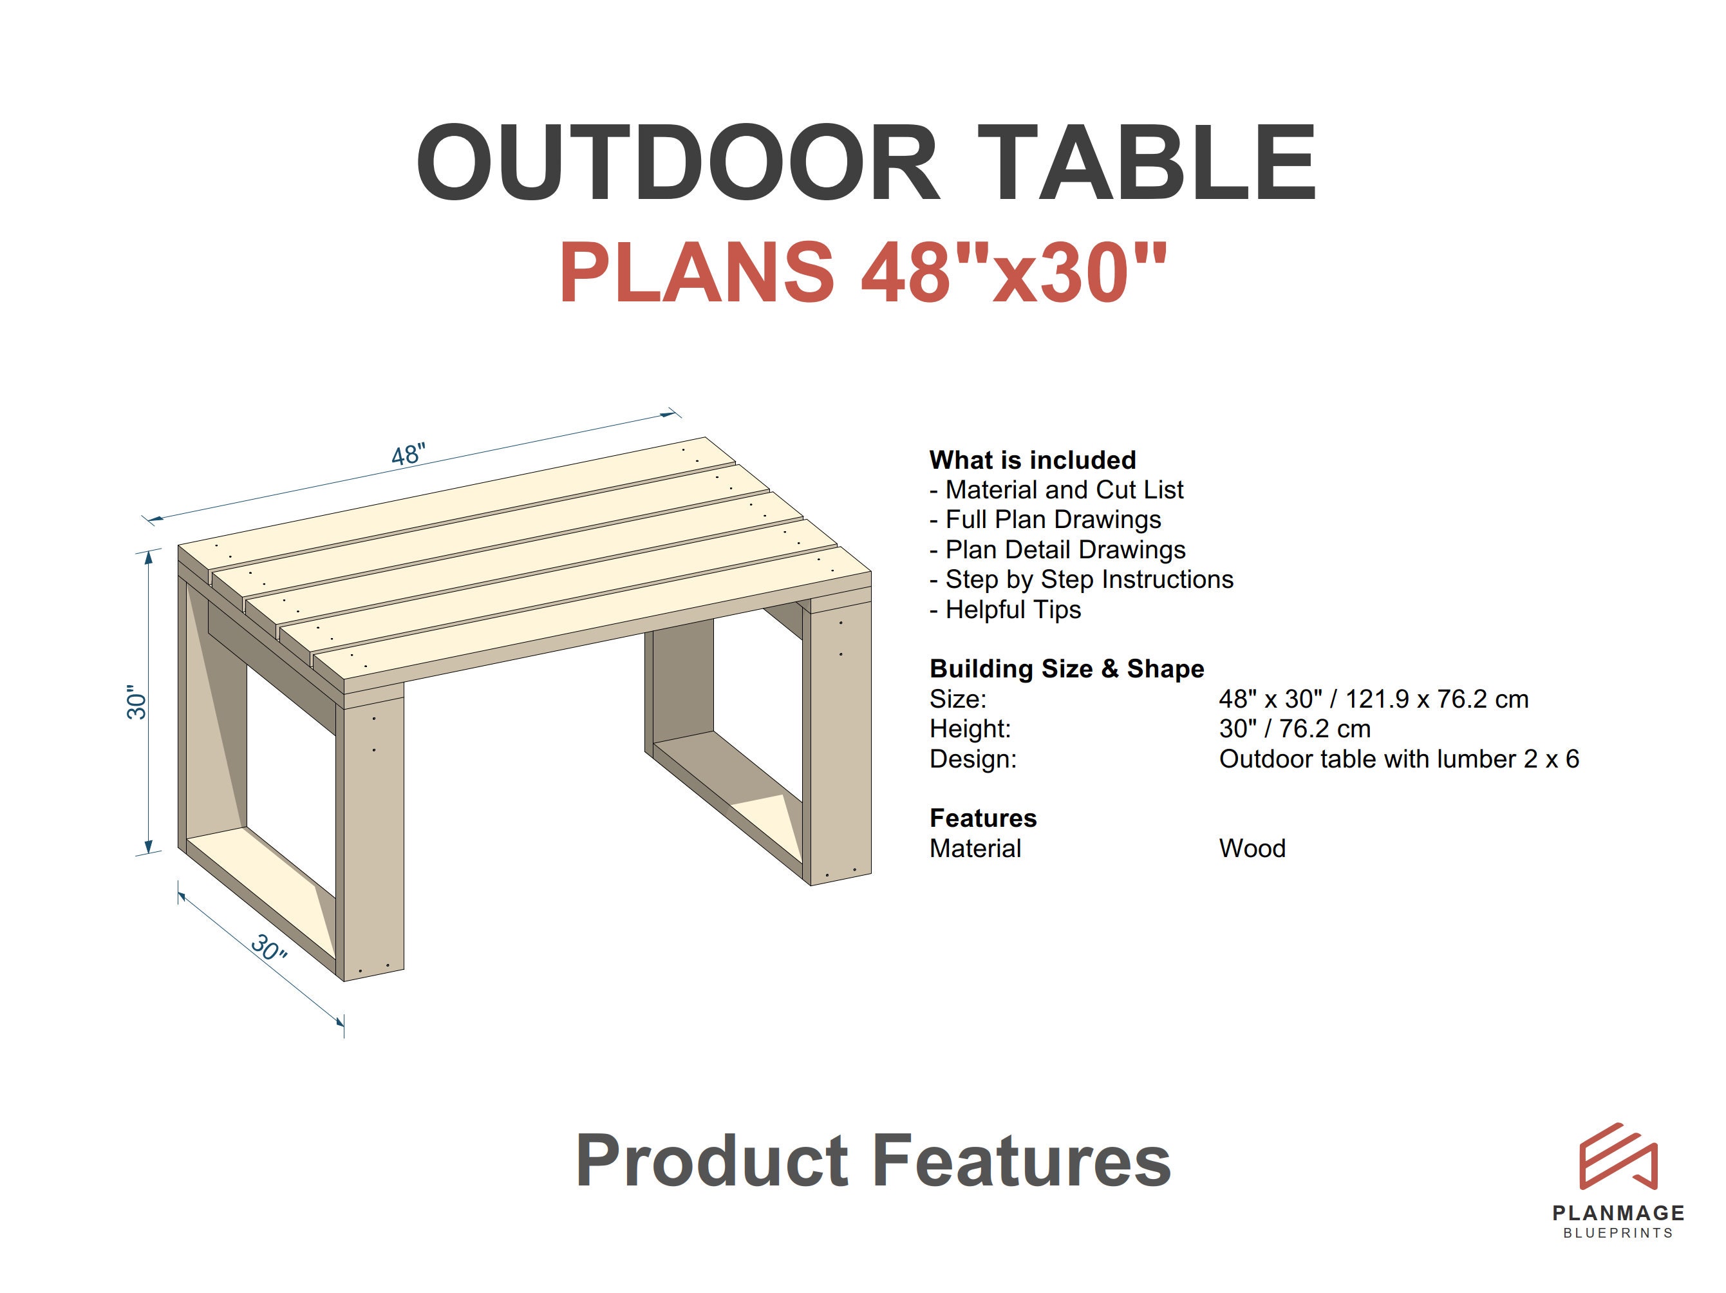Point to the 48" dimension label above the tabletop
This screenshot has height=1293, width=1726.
point(408,454)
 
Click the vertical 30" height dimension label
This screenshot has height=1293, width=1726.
point(136,703)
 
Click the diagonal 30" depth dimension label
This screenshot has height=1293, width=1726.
point(269,948)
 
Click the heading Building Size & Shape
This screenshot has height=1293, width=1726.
point(1066,669)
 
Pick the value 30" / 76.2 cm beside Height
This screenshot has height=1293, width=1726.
point(1294,729)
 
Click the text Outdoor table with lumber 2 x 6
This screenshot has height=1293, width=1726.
point(1398,759)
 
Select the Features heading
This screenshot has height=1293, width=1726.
point(982,818)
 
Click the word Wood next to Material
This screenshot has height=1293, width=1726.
point(1252,848)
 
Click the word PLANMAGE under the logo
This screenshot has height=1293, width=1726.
point(1618,1213)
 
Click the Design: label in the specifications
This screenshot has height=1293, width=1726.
point(972,759)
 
